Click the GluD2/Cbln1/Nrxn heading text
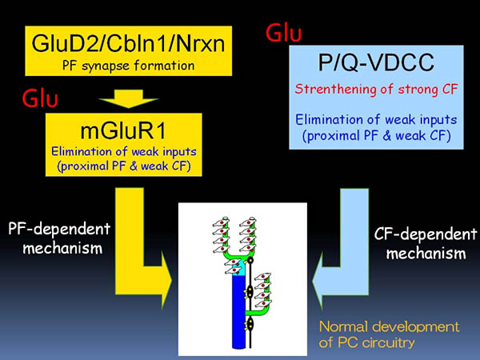[128, 43]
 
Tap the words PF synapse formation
[128, 66]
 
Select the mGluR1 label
[123, 130]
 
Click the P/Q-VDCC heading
[376, 62]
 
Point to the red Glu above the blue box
[283, 33]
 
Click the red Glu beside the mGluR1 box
[40, 98]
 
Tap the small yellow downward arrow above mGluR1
[128, 98]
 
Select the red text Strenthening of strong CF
[376, 90]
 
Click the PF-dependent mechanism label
[59, 238]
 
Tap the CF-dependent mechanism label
[426, 244]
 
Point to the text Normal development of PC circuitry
[389, 334]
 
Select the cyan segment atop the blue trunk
[238, 268]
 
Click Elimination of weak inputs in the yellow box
[124, 151]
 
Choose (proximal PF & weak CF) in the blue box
[376, 136]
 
